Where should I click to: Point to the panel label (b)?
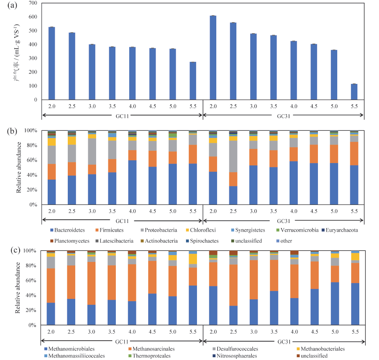point(7,131)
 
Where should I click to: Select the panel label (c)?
point(7,251)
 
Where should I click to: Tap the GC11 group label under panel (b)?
point(122,221)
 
